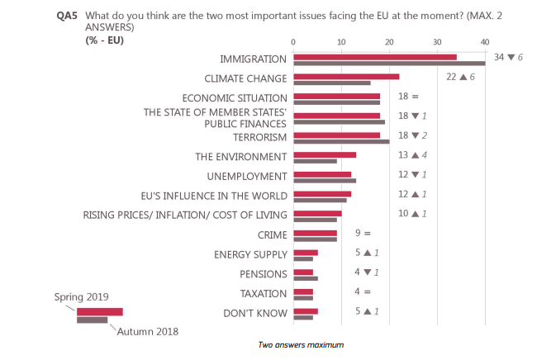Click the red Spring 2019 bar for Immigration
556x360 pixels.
374,56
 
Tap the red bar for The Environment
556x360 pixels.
325,154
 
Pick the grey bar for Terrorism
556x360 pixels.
341,141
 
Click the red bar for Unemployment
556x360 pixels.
322,174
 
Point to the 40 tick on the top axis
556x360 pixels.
485,42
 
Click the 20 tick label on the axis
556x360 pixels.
389,42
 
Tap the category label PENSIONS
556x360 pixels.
264,274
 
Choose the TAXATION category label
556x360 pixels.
263,294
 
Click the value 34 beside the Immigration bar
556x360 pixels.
499,57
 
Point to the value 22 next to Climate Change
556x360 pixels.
451,76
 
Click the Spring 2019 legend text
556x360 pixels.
82,296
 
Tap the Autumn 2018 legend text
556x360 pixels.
148,331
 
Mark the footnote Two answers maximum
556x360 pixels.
301,344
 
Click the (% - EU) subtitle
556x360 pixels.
103,40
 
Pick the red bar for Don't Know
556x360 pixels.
306,311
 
